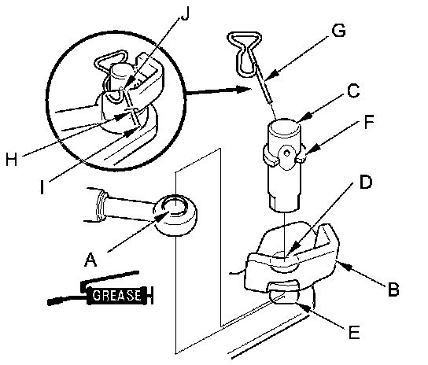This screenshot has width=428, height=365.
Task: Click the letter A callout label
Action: pos(91,260)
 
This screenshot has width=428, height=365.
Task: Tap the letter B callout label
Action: pos(393,289)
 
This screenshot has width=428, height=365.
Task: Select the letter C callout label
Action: pos(353,90)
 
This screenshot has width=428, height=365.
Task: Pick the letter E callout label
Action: pos(354,332)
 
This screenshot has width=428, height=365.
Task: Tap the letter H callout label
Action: pos(11,159)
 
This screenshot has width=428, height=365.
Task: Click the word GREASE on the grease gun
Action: pos(116,296)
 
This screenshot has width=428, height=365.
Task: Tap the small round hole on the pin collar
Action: pos(286,153)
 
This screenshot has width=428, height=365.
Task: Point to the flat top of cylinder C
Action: pos(284,127)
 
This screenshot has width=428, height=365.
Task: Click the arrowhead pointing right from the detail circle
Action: pos(243,89)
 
